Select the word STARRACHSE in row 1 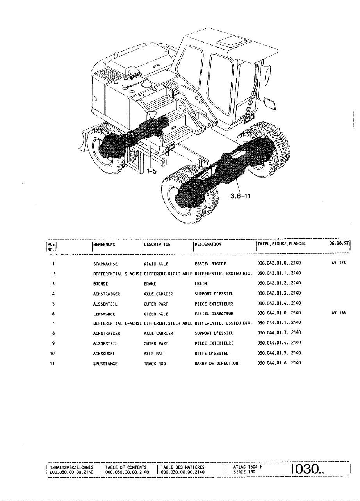click(103, 263)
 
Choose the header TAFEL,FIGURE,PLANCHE click(281, 244)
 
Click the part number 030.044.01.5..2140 click(279, 353)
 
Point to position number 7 click(53, 323)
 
